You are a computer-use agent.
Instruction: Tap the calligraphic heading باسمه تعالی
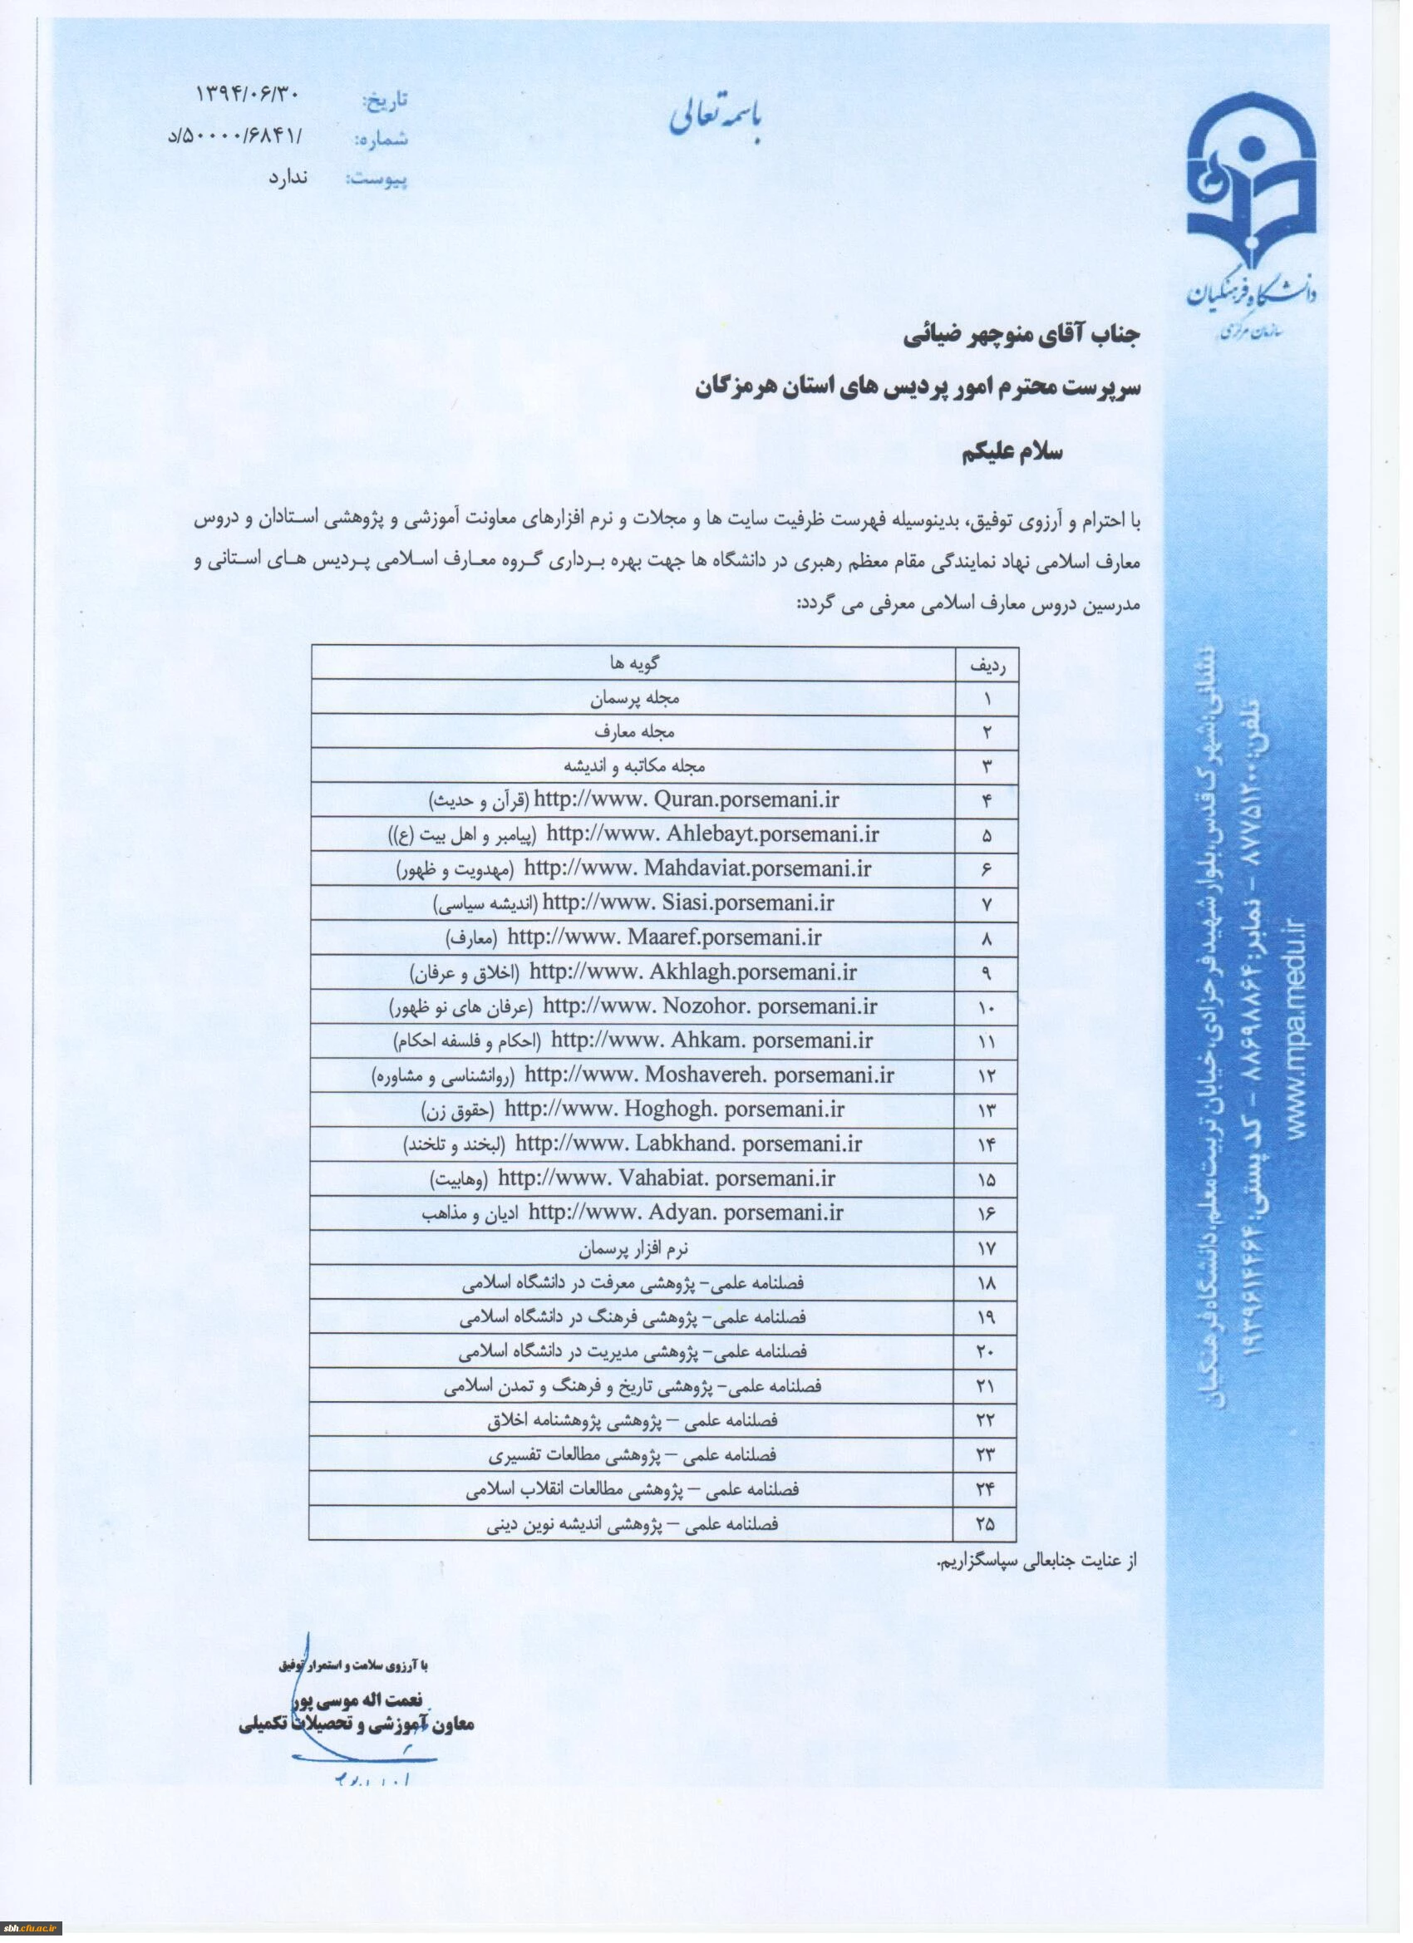coord(720,122)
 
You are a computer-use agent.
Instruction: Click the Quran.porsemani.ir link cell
coord(686,800)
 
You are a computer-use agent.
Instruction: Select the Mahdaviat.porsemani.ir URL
coord(697,868)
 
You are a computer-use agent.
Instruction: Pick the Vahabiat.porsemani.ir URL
coord(666,1178)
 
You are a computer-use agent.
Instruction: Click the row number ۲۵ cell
coord(986,1524)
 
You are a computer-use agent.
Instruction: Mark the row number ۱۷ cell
coord(986,1248)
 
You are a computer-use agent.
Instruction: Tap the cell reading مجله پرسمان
coord(635,698)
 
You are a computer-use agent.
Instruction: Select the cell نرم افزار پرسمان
coord(633,1248)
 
